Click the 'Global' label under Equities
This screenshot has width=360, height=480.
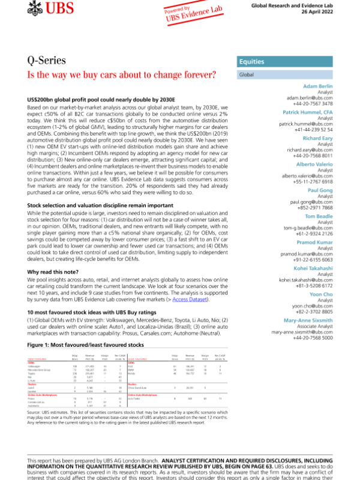tap(247, 76)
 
